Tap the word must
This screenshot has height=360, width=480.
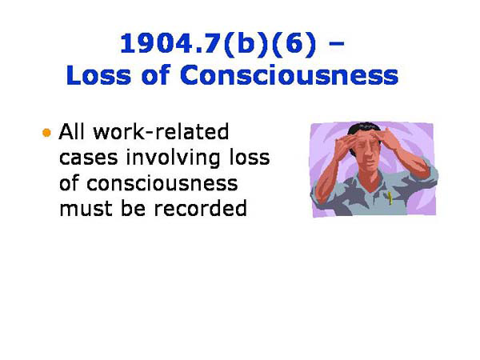coord(85,210)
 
